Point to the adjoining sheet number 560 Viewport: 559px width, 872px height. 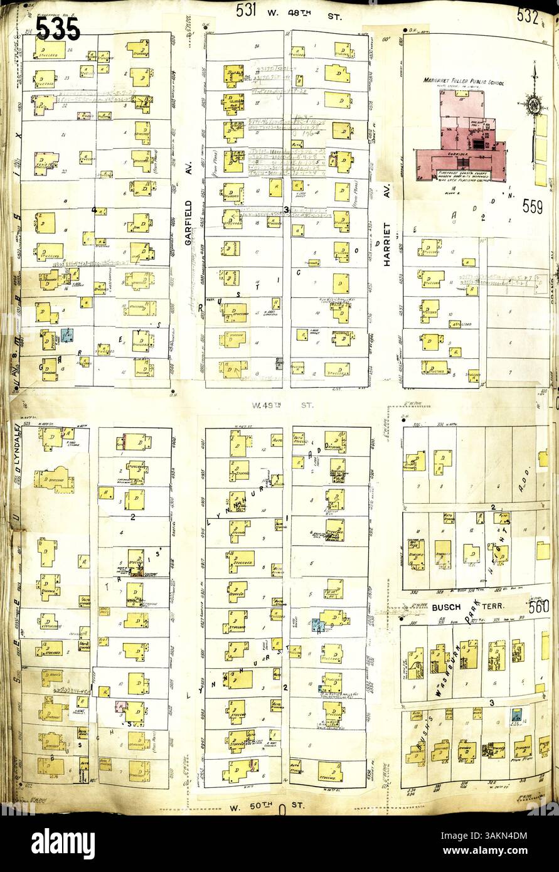tap(538, 607)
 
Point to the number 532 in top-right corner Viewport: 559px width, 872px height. tap(528, 16)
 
